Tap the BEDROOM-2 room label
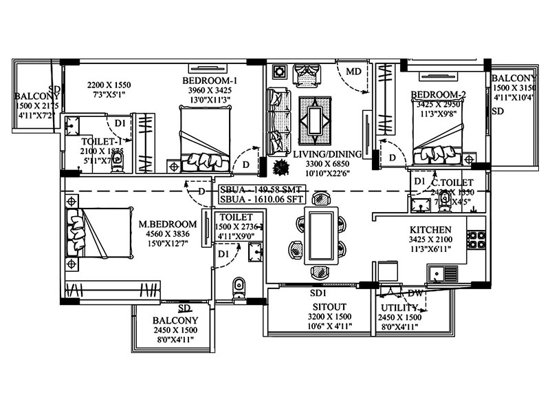point(439,94)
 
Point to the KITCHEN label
point(430,229)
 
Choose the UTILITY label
point(397,306)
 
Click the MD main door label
point(353,72)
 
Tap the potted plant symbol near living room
point(279,166)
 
